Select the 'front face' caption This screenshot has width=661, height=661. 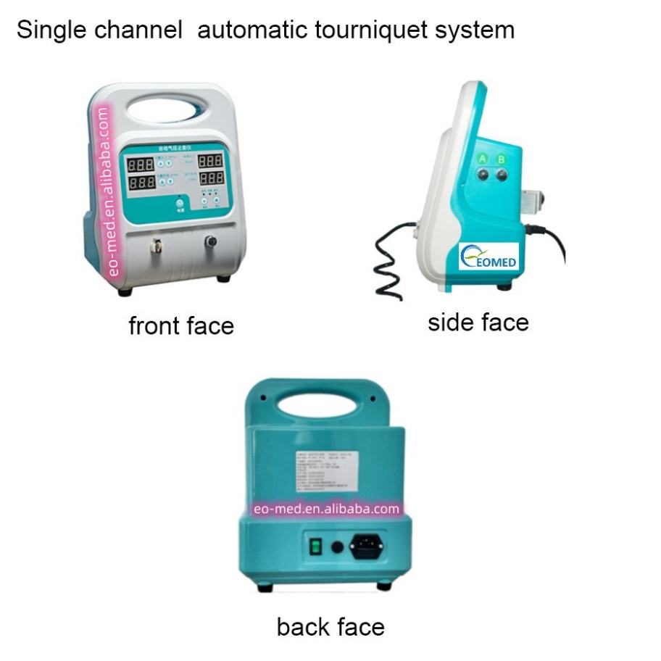click(x=181, y=325)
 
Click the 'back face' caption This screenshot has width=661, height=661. click(x=330, y=625)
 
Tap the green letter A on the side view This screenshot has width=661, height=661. click(x=481, y=159)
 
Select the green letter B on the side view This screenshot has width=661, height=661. click(x=500, y=159)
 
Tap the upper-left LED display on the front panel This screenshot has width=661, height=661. click(x=140, y=165)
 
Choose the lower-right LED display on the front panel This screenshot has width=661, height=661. click(x=211, y=177)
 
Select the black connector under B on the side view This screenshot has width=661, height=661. click(x=501, y=175)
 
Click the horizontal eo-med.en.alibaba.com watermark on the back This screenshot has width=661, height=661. click(x=326, y=509)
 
